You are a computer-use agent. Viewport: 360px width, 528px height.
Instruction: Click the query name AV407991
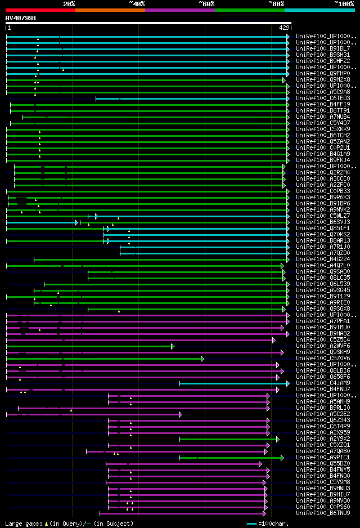21,18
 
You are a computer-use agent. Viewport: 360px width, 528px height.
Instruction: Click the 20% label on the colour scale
69,4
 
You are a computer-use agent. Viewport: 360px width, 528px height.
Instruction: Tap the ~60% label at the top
206,4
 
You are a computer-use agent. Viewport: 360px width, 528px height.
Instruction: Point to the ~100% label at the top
344,4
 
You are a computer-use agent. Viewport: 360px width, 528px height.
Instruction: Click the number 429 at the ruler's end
284,28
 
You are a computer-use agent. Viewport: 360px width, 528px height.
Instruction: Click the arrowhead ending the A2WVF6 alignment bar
173,346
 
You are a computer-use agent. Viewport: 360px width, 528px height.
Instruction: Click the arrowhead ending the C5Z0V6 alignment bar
202,359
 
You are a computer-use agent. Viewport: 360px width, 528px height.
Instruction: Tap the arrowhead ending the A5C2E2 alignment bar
180,414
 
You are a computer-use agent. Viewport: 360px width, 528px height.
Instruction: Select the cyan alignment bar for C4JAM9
233,383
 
